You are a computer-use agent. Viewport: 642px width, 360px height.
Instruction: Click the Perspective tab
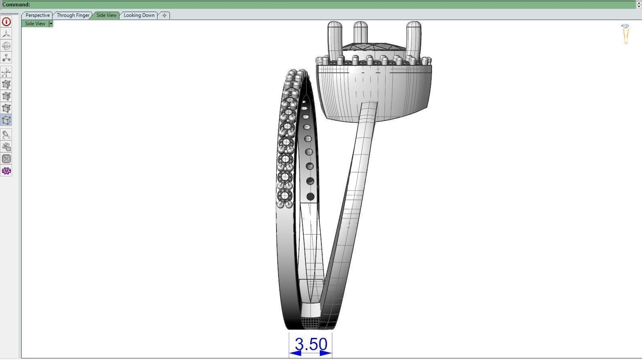[x=37, y=15]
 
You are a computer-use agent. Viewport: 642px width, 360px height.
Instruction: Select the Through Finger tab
[x=73, y=15]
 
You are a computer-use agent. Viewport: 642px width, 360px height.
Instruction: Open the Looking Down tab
[x=139, y=15]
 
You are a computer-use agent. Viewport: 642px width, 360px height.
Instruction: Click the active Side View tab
[x=106, y=15]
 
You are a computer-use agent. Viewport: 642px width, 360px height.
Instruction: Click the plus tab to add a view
[x=164, y=15]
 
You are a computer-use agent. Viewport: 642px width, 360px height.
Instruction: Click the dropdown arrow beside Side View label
[x=51, y=24]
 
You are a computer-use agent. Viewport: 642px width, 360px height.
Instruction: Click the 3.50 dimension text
[x=311, y=344]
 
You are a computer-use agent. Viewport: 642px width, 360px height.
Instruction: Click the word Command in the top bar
[x=16, y=4]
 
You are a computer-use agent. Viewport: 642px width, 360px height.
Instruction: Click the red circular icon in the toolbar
[x=6, y=22]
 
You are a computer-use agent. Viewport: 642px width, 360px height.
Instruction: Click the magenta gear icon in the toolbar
[x=6, y=171]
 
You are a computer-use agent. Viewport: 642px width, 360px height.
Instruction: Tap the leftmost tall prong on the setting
[x=335, y=38]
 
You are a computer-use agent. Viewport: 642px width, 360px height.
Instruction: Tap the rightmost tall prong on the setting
[x=414, y=38]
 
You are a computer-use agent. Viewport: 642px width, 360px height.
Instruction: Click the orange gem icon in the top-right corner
[x=625, y=34]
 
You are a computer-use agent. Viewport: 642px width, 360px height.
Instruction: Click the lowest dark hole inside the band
[x=310, y=196]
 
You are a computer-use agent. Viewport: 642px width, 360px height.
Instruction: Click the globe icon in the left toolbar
[x=6, y=46]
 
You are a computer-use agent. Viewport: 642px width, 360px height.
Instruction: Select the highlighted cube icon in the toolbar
[x=6, y=120]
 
